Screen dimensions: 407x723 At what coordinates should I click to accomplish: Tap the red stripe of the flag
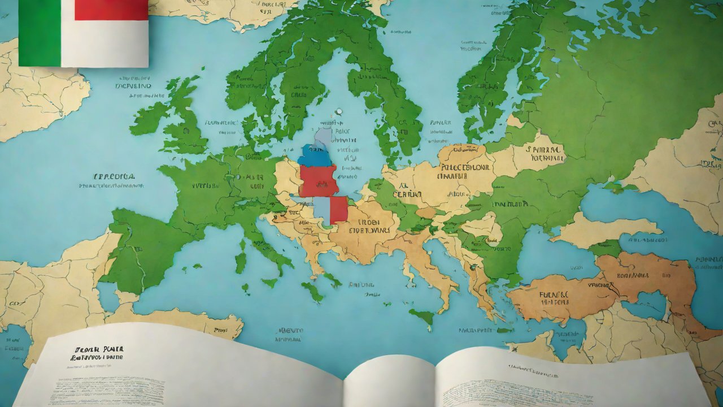tap(111, 10)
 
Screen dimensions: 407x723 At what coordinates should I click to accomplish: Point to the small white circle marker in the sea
tap(338, 111)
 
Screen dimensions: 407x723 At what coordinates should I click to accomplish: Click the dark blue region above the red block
tap(315, 155)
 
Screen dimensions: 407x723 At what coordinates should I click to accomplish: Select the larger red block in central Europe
tap(318, 180)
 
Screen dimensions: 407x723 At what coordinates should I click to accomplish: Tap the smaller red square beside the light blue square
tap(338, 209)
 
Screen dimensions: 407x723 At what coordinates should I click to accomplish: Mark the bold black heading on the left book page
tap(97, 353)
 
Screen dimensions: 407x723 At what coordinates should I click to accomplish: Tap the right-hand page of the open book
tap(565, 379)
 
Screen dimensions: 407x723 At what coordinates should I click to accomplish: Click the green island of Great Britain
tap(184, 124)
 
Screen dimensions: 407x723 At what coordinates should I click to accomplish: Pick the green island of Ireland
tap(148, 116)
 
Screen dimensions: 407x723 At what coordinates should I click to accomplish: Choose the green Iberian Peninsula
tap(141, 249)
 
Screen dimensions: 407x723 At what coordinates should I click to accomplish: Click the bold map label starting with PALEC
tap(464, 168)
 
